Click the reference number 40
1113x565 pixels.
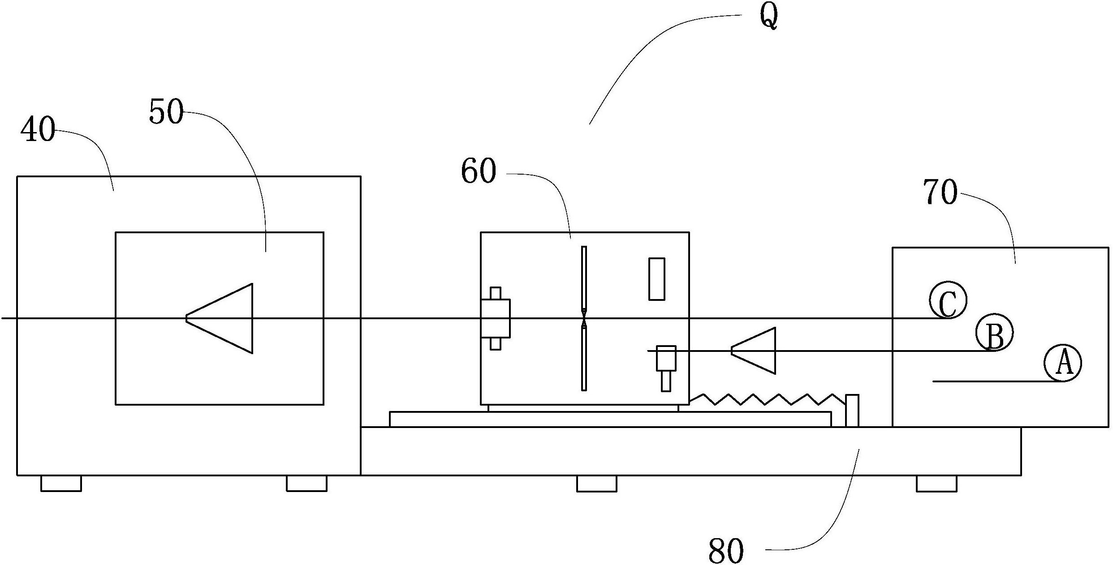pos(38,129)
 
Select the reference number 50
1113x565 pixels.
pos(166,111)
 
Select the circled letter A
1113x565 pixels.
pos(1062,363)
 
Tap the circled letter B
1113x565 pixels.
pos(995,333)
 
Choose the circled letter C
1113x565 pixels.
pos(948,300)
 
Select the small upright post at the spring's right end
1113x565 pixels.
pos(852,411)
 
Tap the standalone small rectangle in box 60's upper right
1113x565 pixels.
pos(656,279)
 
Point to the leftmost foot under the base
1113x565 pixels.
pos(61,484)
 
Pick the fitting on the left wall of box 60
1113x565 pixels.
pos(496,318)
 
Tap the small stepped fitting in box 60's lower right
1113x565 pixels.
pos(666,367)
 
